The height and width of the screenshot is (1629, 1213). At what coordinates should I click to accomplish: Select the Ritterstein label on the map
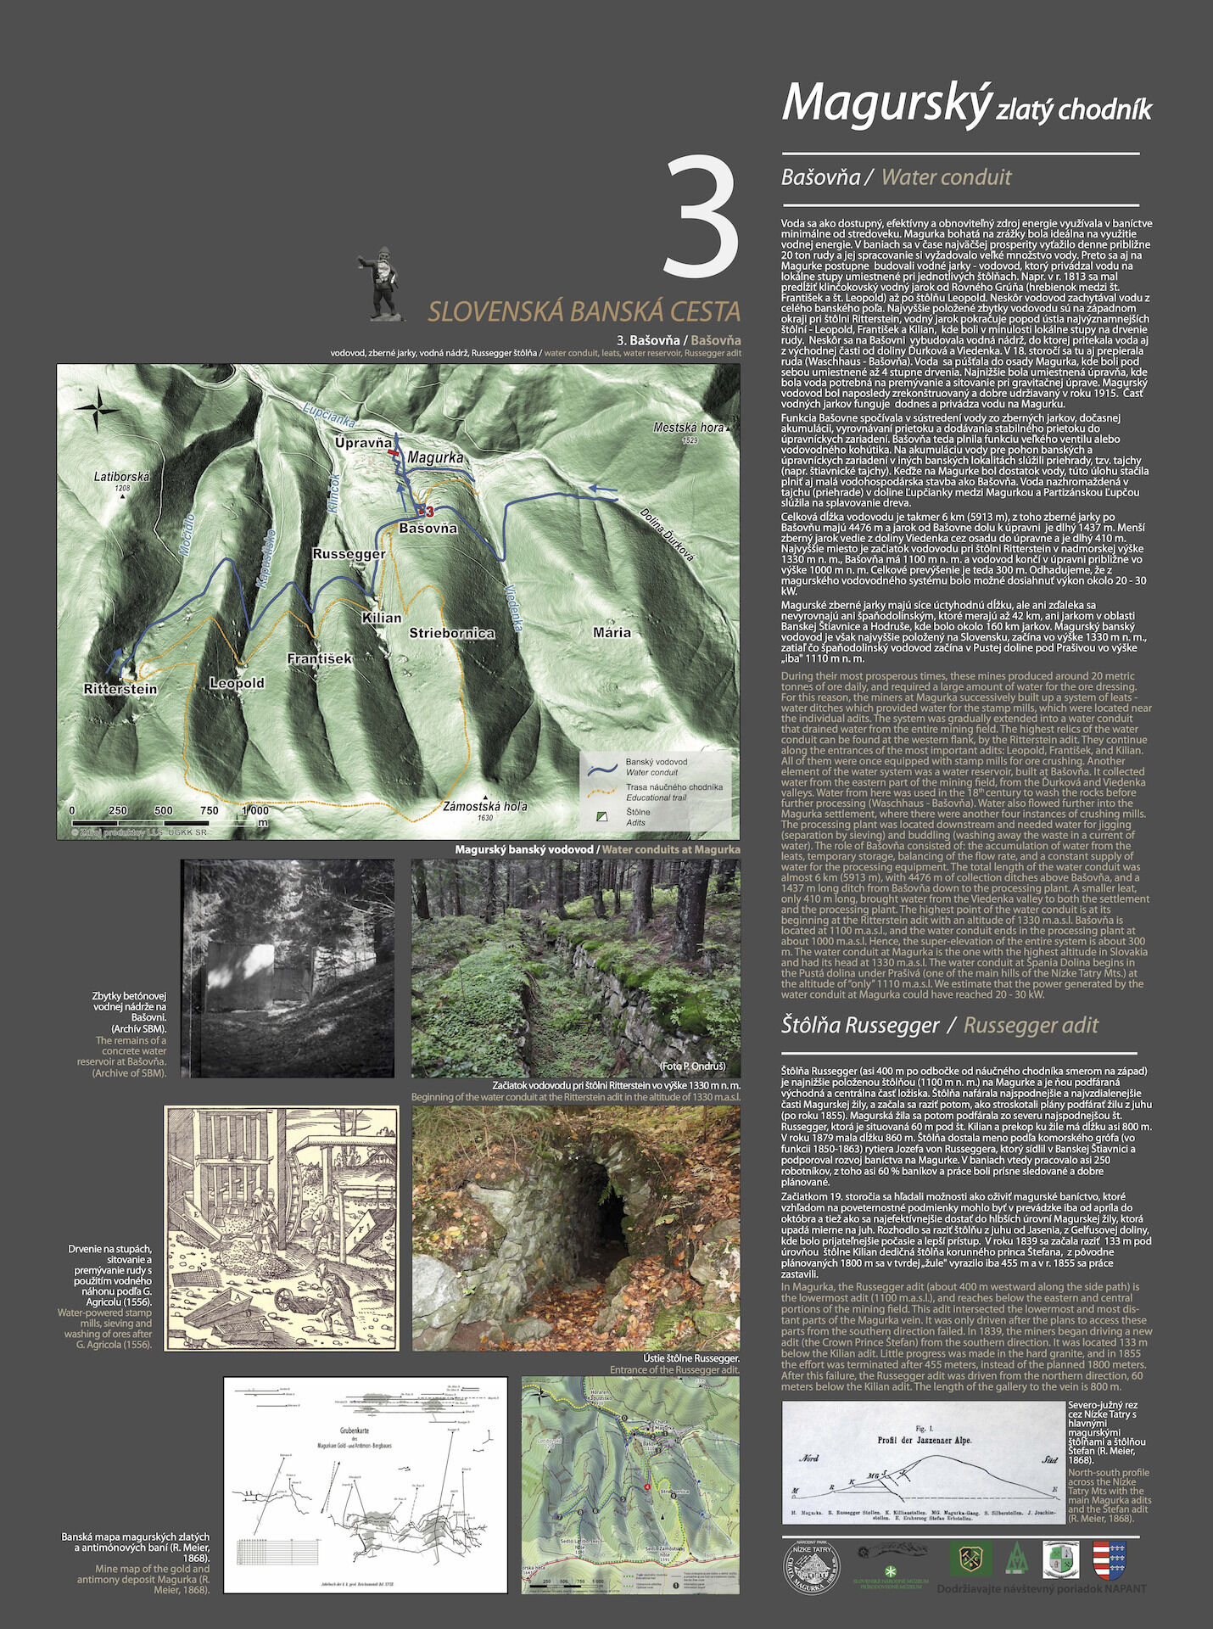coord(120,689)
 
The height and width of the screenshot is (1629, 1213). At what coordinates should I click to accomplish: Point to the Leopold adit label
coord(237,683)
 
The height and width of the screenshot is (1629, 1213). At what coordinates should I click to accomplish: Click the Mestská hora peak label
coord(688,428)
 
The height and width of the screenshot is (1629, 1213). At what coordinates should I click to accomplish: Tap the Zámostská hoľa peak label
coord(485,806)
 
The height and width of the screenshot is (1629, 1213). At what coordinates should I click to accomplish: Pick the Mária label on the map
coord(612,632)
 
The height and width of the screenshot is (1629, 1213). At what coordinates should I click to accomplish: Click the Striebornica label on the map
coord(451,633)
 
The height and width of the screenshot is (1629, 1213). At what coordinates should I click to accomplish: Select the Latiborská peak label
coord(121,477)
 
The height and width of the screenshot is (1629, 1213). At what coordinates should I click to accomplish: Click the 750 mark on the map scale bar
coord(209,810)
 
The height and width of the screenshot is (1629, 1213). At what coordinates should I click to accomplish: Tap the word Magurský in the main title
coord(886,103)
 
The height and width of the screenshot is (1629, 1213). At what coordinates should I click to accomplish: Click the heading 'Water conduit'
coord(946,177)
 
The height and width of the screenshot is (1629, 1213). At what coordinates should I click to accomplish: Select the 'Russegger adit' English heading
coord(1031,1025)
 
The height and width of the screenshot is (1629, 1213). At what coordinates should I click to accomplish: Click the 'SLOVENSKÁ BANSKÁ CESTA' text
coord(584,311)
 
